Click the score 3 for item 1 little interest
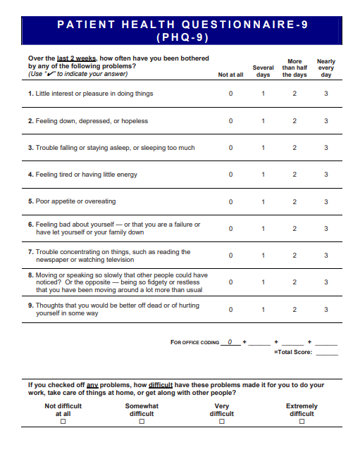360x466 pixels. coord(325,94)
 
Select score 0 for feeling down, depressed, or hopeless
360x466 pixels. coord(230,121)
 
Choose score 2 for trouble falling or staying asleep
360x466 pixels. coord(294,148)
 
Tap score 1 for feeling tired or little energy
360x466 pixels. coord(263,175)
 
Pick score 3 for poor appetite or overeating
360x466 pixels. coord(325,201)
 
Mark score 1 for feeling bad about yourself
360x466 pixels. coord(263,228)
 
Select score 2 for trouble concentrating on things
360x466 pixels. coord(294,256)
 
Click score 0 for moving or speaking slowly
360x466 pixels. coord(230,282)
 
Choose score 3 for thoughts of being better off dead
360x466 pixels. coord(325,309)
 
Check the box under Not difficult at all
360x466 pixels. coord(63,422)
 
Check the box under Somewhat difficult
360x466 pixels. coord(142,422)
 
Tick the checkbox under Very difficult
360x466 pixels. coord(222,422)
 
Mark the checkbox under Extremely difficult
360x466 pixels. coord(302,422)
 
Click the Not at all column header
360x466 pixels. coord(230,75)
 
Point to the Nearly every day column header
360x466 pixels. coord(325,68)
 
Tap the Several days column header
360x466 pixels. coord(263,71)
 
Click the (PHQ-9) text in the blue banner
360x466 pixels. coord(182,37)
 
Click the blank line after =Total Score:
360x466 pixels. coord(326,351)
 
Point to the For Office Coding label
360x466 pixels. coord(194,342)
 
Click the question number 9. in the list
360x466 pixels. coord(31,306)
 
